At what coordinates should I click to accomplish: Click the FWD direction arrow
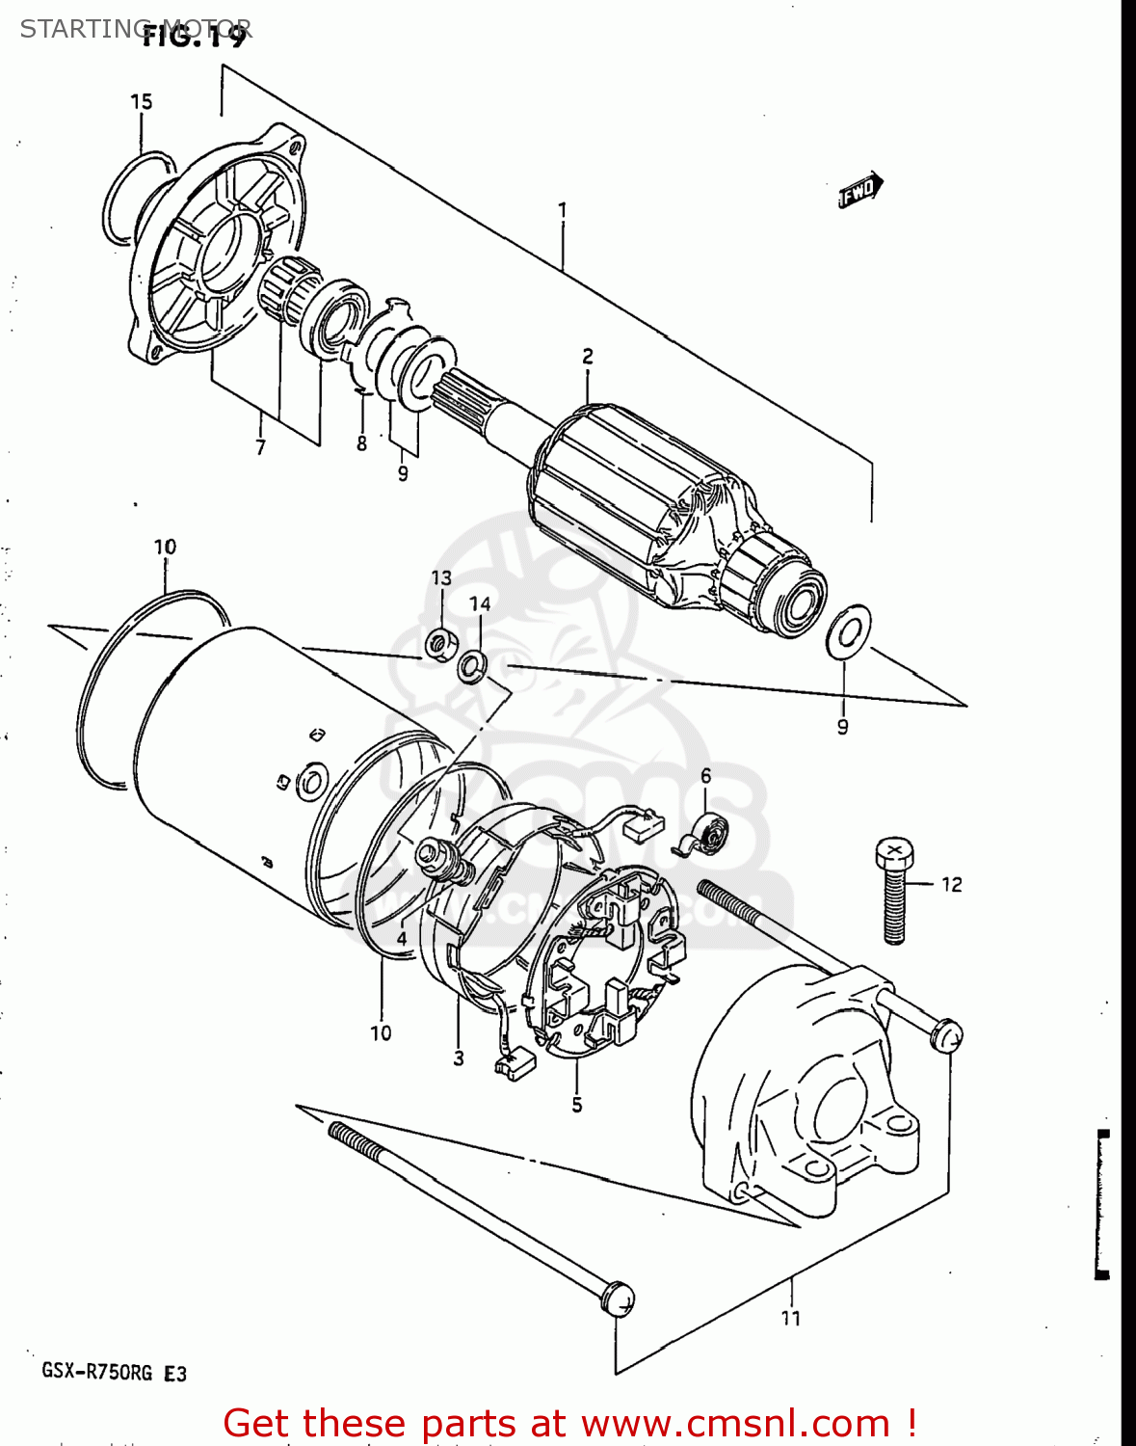tap(859, 190)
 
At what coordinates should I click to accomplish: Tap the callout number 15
tap(141, 102)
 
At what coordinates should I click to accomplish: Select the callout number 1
tap(562, 210)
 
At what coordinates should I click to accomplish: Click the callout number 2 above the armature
tap(587, 357)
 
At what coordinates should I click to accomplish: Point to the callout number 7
tap(260, 447)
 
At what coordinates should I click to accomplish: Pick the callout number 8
tap(361, 443)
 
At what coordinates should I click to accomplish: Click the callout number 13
tap(441, 578)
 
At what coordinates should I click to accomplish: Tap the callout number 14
tap(480, 603)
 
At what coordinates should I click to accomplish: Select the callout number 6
tap(705, 776)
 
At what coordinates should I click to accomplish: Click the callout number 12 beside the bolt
tap(951, 884)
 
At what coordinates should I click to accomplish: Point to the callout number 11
tap(790, 1318)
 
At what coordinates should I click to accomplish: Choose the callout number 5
tap(576, 1105)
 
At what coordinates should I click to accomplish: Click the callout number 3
tap(459, 1058)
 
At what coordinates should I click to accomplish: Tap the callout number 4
tap(401, 938)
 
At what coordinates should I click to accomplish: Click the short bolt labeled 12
tap(895, 892)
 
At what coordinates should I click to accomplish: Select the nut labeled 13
tap(439, 643)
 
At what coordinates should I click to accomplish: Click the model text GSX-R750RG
tap(96, 1372)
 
